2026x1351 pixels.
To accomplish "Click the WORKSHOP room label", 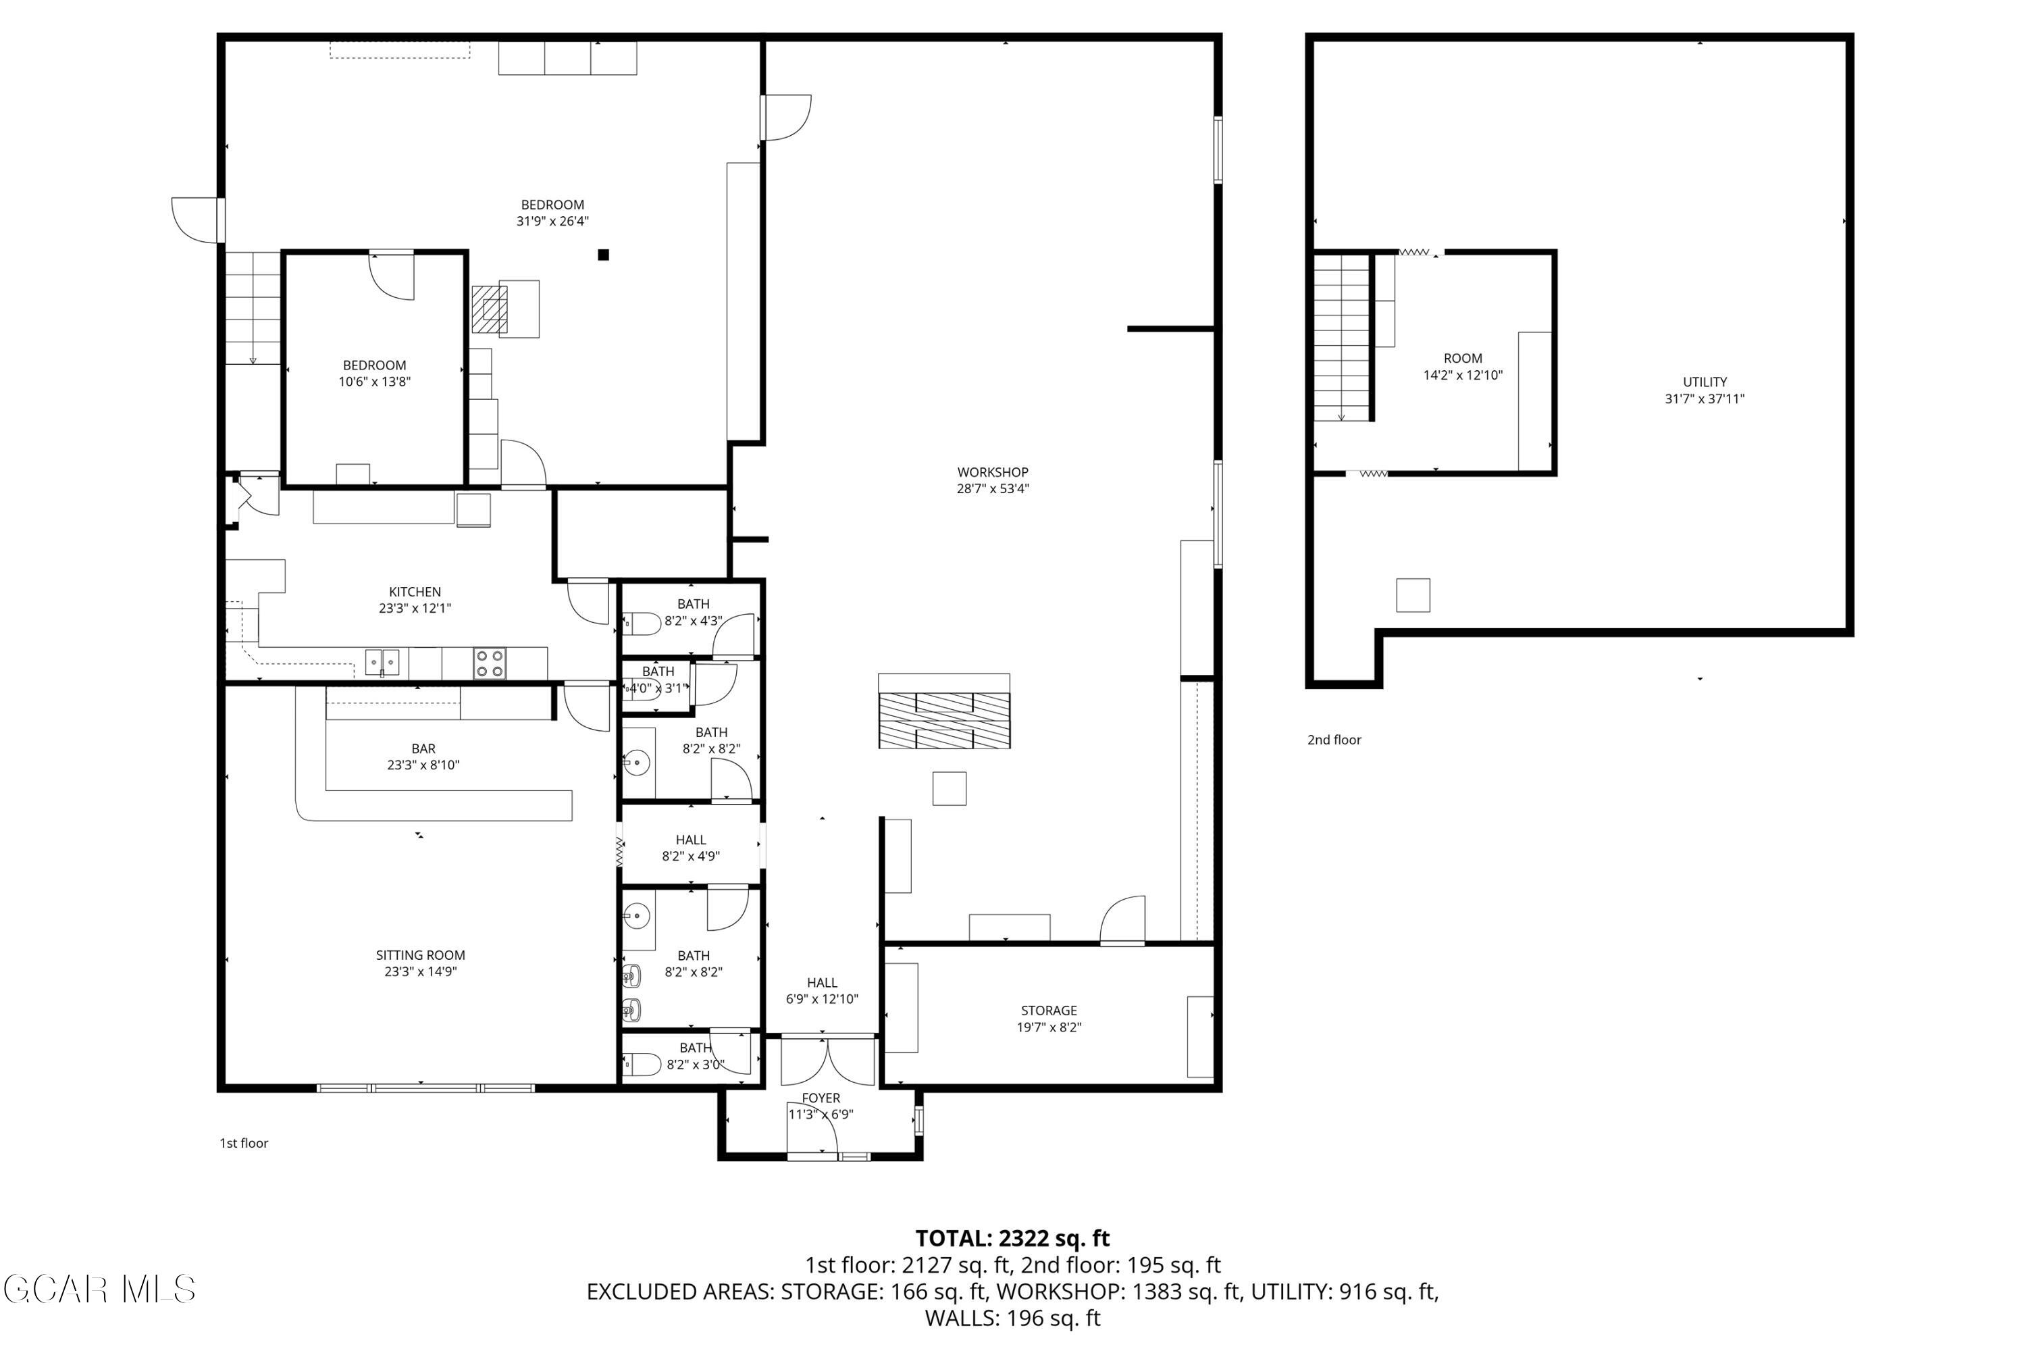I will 992,472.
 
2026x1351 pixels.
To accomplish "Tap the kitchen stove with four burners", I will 489,663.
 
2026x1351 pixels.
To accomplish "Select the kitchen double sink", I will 382,663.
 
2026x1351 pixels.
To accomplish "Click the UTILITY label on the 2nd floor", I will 1704,382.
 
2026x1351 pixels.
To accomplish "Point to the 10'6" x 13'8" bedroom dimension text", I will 374,382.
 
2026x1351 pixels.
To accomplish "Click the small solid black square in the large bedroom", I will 604,254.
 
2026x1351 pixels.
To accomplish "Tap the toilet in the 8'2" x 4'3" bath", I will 641,623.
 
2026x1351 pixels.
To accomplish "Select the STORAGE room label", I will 1048,1010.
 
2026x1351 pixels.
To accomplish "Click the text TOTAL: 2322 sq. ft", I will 1012,1238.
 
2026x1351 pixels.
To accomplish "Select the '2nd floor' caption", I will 1333,739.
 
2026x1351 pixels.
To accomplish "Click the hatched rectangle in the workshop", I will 944,719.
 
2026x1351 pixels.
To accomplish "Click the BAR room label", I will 423,748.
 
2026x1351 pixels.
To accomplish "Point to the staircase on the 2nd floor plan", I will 1341,338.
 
